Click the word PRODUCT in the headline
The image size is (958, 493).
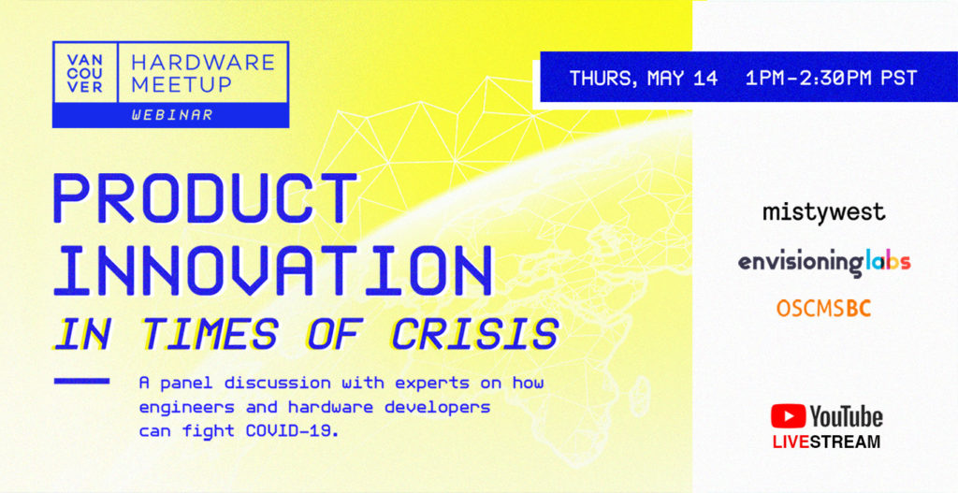205,198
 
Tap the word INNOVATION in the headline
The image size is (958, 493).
273,269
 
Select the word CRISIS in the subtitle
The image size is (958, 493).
474,334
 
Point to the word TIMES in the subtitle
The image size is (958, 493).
210,334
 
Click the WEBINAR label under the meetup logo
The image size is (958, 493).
172,115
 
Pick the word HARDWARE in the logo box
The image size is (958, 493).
203,63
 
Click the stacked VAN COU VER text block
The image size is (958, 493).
85,73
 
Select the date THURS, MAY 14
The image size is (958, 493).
644,79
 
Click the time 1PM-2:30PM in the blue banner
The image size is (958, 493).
808,79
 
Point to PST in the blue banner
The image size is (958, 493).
899,79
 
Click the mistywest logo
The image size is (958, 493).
823,212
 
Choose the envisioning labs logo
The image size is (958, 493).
824,263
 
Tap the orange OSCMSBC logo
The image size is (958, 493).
823,309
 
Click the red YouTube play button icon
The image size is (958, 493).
788,416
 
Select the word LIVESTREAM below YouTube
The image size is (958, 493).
827,442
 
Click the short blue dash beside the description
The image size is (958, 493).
82,381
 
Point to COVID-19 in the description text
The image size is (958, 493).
292,430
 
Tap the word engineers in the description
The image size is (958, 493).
187,408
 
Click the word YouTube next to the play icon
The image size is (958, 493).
846,416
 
